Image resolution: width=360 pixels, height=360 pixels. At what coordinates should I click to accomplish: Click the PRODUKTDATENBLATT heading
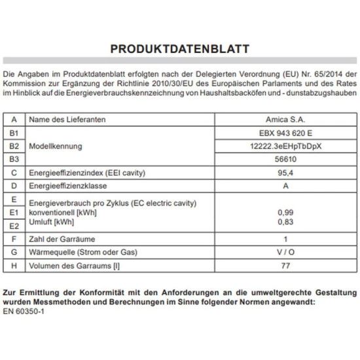[x=179, y=48]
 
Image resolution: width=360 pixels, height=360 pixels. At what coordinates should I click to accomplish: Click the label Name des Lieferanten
[x=68, y=120]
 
